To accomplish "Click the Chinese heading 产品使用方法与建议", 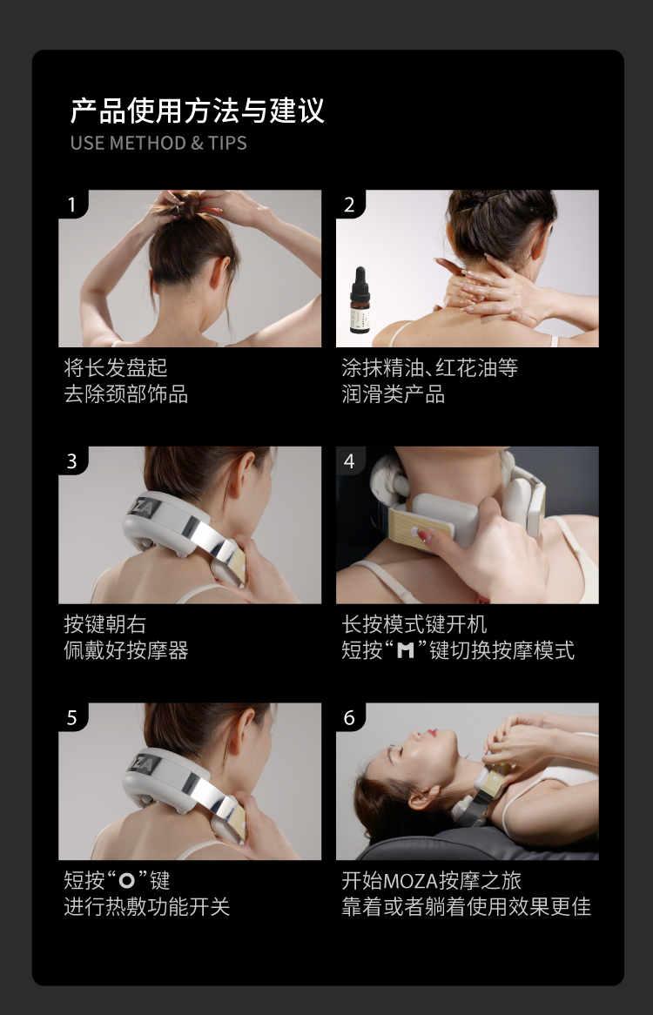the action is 197,111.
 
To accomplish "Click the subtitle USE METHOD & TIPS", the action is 158,143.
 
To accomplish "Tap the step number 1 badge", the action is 72,204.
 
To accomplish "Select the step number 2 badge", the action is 350,204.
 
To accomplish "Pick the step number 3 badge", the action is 72,460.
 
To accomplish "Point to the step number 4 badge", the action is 350,460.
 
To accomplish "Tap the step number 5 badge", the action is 72,716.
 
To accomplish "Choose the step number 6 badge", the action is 350,716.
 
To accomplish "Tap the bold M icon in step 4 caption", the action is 405,650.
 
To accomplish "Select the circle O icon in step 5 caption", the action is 127,880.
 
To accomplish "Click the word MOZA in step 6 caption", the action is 411,881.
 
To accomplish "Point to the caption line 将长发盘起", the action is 116,367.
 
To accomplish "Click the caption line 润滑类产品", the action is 394,393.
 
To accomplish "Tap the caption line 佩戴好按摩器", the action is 126,650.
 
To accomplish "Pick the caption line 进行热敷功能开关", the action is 147,906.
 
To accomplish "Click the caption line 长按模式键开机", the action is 414,624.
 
